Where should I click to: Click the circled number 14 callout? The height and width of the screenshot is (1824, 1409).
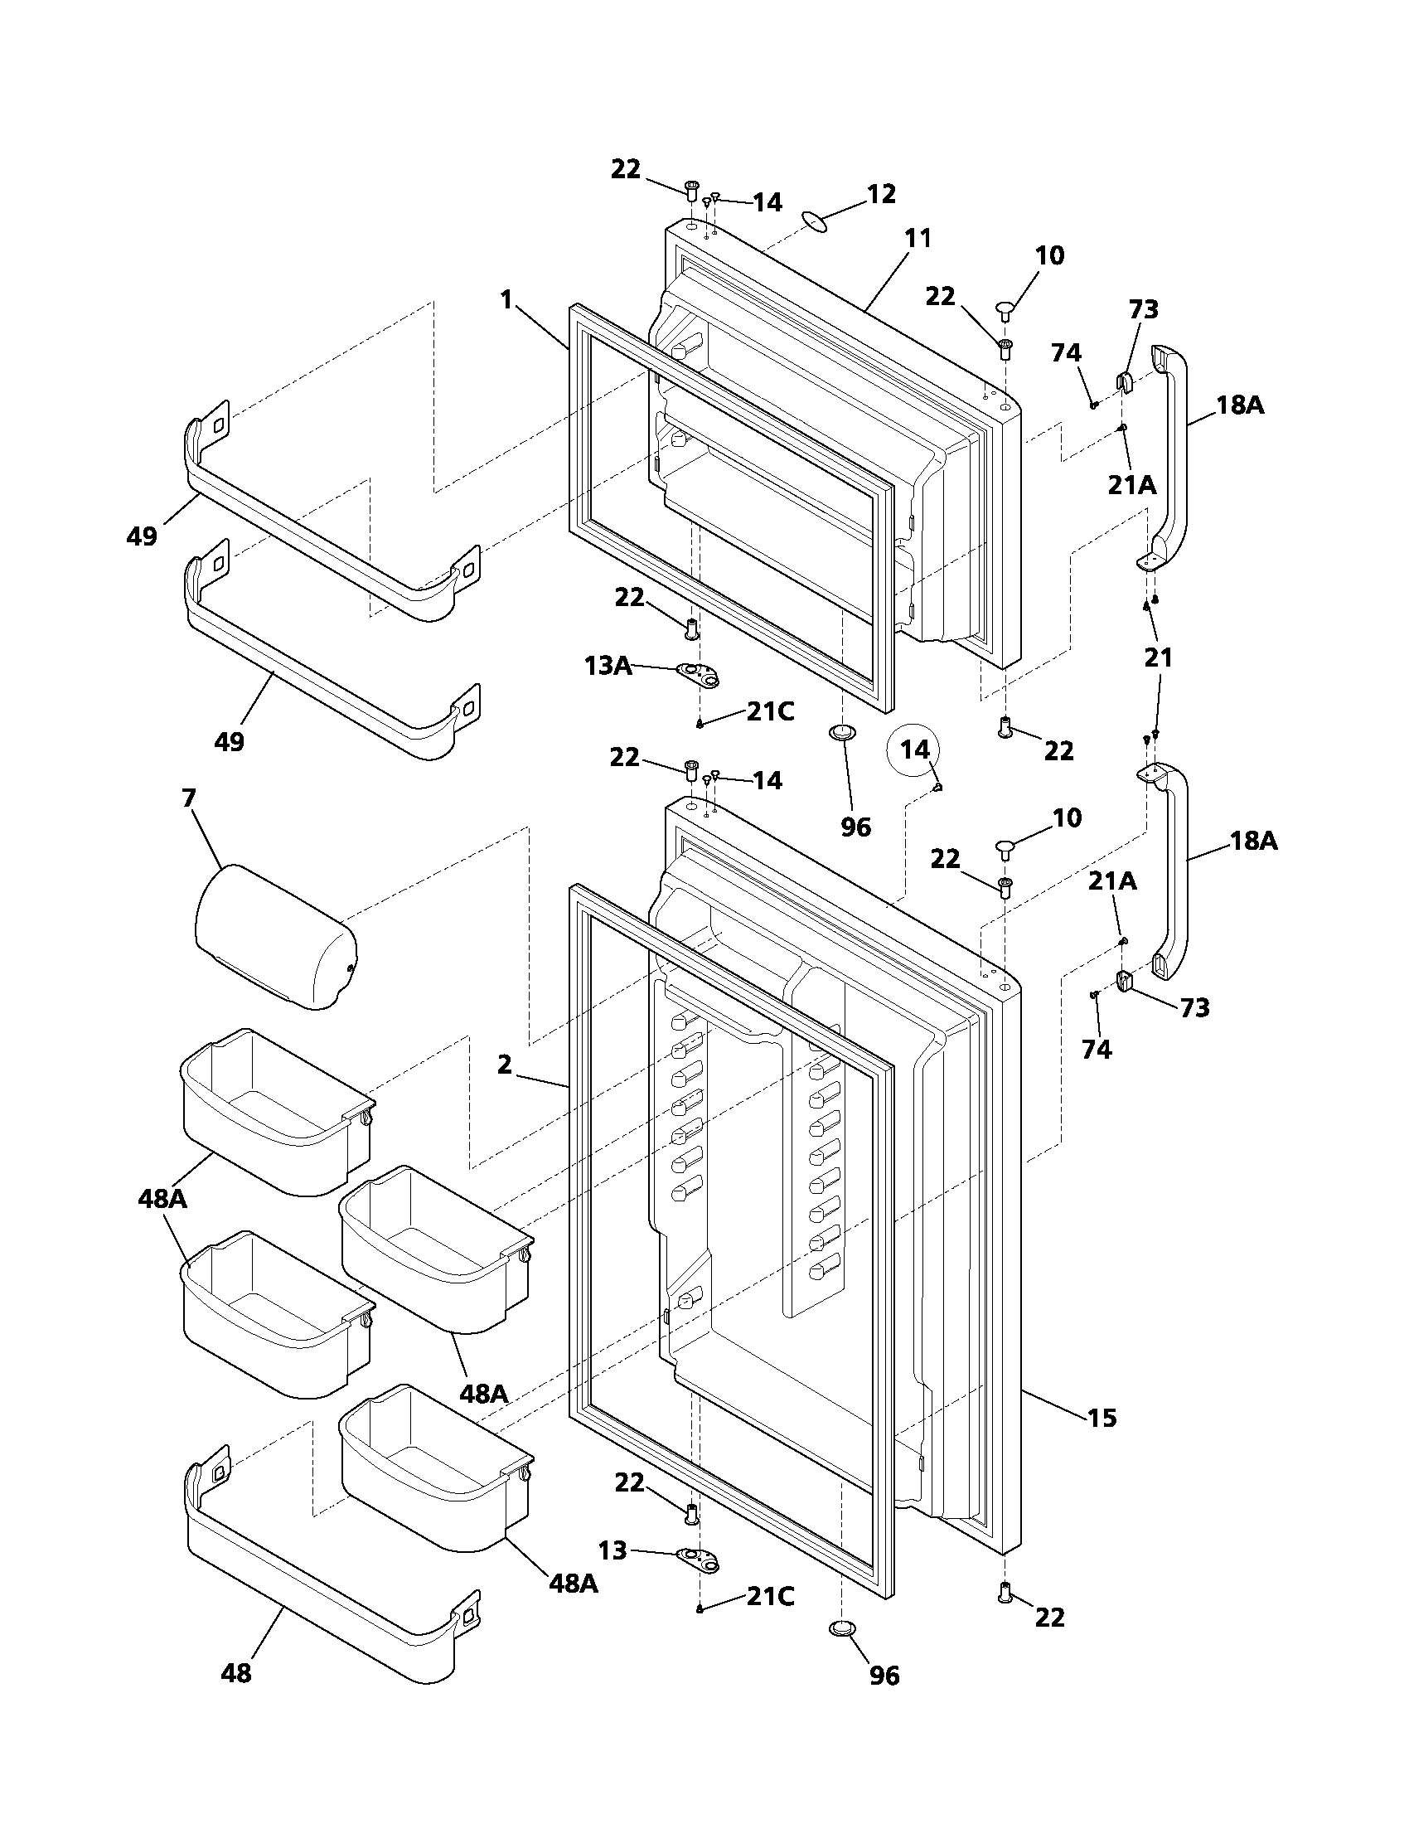(914, 750)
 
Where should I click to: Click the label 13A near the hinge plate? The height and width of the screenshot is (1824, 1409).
(608, 666)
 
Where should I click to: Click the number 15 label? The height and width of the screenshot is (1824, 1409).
(1102, 1417)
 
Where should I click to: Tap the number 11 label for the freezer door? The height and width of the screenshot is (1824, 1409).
(918, 238)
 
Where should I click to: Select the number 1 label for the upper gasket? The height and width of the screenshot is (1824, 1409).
(506, 300)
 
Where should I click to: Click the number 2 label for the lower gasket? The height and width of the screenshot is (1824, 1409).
(504, 1065)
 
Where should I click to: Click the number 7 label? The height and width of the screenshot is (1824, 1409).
(189, 798)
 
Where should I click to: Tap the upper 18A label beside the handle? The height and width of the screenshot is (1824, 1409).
(1240, 405)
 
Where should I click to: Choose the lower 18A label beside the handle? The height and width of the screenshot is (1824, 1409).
(1254, 840)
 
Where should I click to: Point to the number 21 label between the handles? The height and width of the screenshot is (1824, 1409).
(1158, 658)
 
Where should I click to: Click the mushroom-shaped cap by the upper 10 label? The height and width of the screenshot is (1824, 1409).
(1006, 312)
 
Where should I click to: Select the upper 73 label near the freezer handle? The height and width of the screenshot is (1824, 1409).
(1144, 310)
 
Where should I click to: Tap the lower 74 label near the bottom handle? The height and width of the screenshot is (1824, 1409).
(1097, 1050)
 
